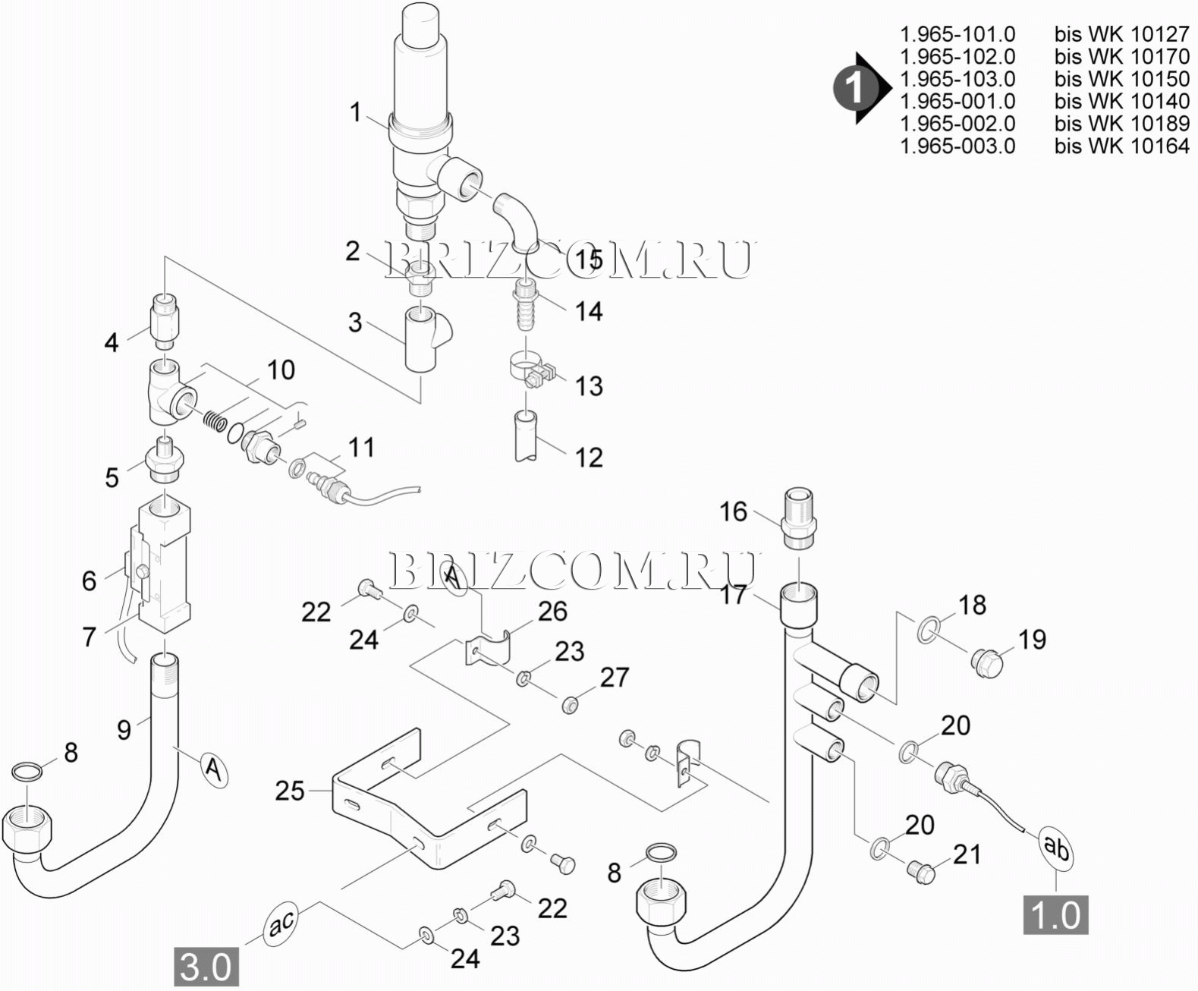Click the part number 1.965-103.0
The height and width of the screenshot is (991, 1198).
[x=957, y=79]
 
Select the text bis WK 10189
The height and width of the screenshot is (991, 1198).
[x=1121, y=124]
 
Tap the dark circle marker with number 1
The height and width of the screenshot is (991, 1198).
[x=855, y=89]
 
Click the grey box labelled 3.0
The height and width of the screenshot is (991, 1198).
[x=206, y=967]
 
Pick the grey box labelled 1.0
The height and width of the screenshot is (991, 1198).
[x=1055, y=914]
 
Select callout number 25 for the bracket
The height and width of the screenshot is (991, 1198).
[x=290, y=791]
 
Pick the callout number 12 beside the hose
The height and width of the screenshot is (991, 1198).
[x=589, y=457]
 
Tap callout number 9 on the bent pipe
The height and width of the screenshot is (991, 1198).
[x=124, y=729]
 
